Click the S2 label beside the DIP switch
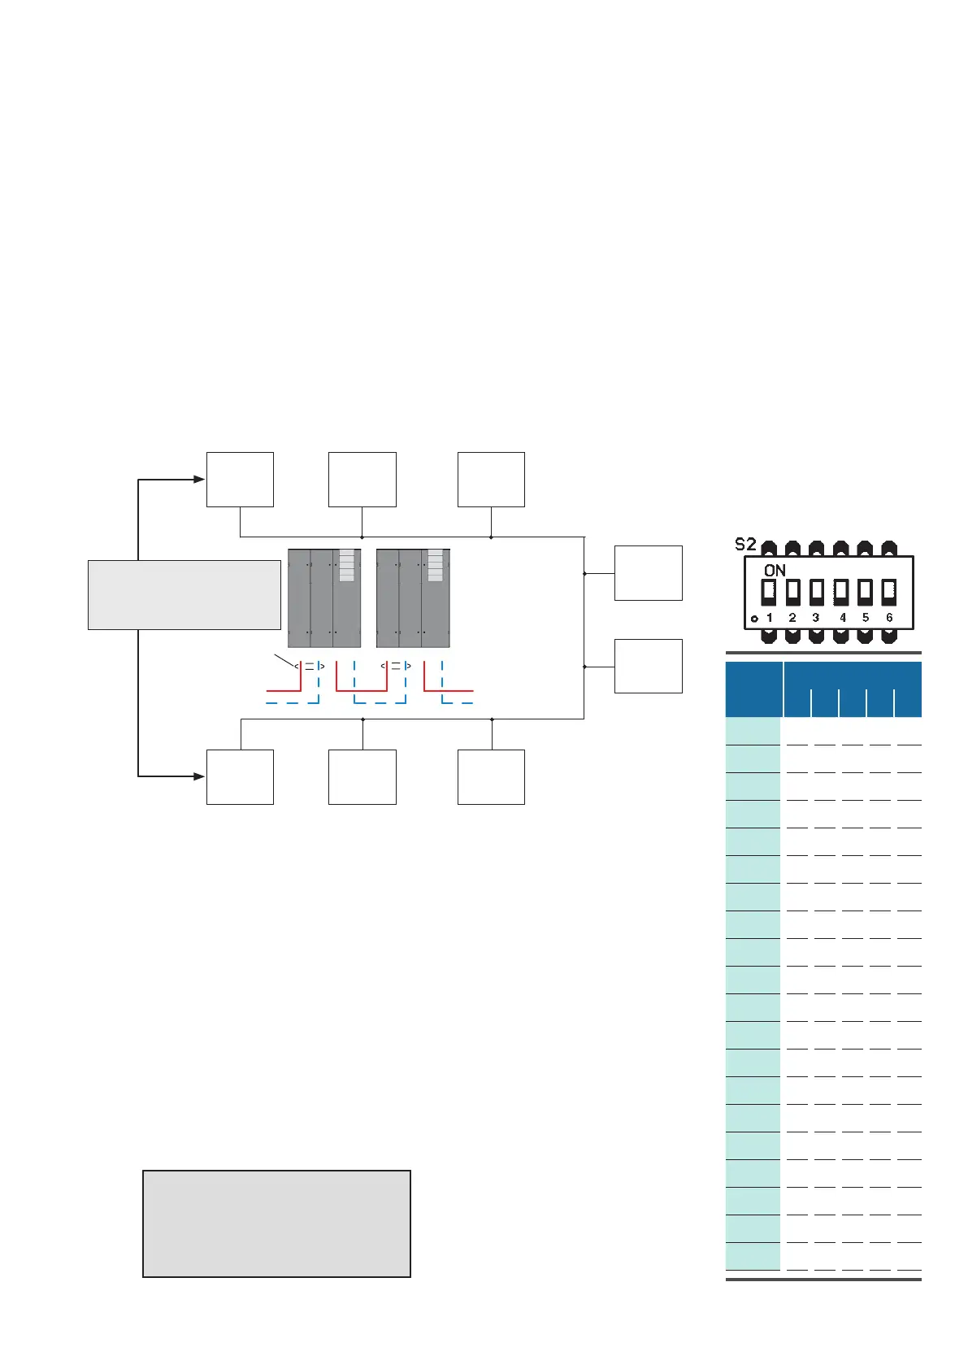745,545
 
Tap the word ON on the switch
775,570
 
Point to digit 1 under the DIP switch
770,618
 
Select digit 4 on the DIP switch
842,618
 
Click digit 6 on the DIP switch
889,618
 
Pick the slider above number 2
793,591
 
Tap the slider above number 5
865,591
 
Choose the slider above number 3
817,591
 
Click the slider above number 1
769,591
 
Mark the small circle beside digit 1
754,619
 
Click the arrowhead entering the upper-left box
199,480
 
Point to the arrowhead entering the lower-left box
199,776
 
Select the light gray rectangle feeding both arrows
184,594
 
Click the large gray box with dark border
276,1223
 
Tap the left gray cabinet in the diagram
323,598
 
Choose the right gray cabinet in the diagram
412,598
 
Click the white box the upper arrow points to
240,480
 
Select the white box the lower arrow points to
240,777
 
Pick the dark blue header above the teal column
753,689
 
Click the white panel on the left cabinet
347,565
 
